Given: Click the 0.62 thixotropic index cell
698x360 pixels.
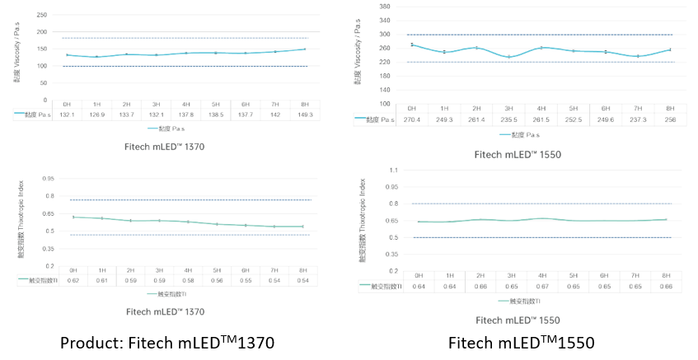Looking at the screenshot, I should click(x=73, y=280).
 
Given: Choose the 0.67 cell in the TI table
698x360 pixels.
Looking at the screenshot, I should click(x=541, y=286).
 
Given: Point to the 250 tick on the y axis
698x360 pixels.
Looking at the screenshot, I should click(x=42, y=15).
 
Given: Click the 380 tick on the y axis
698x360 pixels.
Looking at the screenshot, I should click(x=385, y=5).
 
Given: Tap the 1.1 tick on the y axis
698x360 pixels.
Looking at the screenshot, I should click(x=392, y=170).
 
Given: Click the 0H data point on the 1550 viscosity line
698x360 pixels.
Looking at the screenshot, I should click(x=411, y=45).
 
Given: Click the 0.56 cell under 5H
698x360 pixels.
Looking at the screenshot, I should click(x=217, y=280).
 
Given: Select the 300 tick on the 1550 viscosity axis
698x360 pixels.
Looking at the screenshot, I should click(x=385, y=35).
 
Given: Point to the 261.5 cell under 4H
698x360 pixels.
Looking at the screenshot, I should click(x=541, y=119).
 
